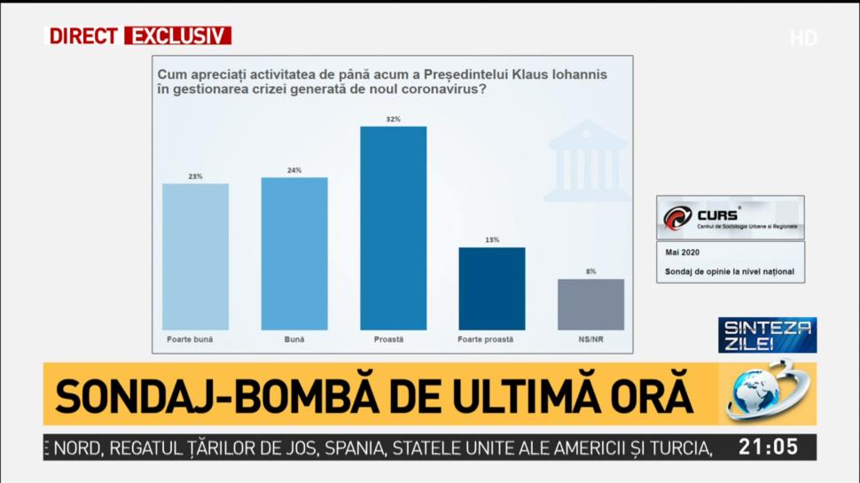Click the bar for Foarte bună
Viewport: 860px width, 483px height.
tap(195, 256)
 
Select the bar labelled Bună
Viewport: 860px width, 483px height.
tap(294, 253)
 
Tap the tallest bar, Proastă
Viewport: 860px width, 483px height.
tap(393, 228)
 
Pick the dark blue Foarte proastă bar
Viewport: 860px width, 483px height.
tap(491, 288)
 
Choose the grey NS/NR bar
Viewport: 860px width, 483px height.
tap(590, 304)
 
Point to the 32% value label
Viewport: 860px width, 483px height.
tap(393, 119)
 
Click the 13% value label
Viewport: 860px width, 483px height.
tap(492, 240)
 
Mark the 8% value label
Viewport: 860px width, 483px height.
tap(590, 271)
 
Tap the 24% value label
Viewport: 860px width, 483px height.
tap(294, 170)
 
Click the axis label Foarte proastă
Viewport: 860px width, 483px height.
tap(485, 339)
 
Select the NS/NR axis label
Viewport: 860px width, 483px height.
tap(590, 339)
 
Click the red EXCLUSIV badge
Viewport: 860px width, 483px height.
tap(177, 36)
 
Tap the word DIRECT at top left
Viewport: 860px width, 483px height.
tap(83, 36)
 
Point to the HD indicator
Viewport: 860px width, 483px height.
tap(803, 38)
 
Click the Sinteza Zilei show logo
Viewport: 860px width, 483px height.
tap(767, 335)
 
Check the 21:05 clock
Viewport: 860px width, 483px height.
tap(769, 448)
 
